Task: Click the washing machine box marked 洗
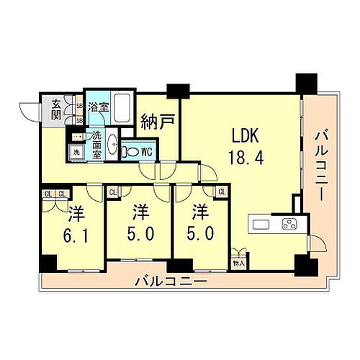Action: (75, 152)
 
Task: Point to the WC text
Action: (146, 151)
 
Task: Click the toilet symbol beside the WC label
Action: (130, 152)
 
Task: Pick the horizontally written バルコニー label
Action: (171, 281)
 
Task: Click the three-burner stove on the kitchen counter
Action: (289, 224)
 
